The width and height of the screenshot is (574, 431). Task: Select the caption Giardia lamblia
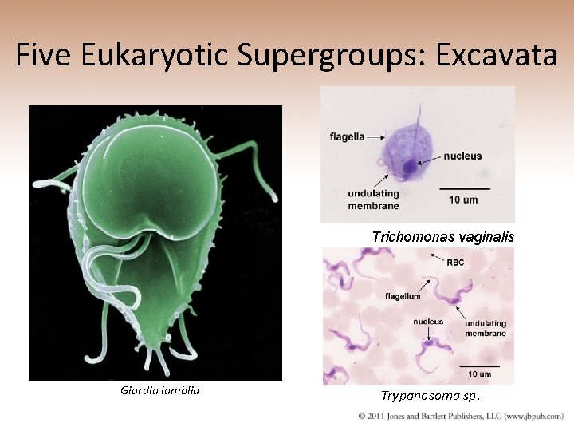pyautogui.click(x=159, y=390)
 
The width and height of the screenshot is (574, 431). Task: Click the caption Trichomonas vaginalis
pyautogui.click(x=442, y=237)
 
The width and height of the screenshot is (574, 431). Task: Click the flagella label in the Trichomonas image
pyautogui.click(x=347, y=136)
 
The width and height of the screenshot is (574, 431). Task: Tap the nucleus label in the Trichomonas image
pyautogui.click(x=462, y=156)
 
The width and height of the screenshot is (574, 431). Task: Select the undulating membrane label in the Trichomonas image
pyautogui.click(x=373, y=200)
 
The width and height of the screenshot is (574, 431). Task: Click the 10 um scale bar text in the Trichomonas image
pyautogui.click(x=463, y=200)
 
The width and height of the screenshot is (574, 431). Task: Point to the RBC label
pyautogui.click(x=454, y=263)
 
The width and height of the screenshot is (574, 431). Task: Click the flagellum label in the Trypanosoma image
pyautogui.click(x=403, y=296)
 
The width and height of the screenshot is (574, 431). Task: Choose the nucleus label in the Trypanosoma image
pyautogui.click(x=428, y=322)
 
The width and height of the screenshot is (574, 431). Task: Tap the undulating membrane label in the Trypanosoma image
pyautogui.click(x=486, y=328)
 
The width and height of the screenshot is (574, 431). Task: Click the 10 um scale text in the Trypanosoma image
pyautogui.click(x=479, y=374)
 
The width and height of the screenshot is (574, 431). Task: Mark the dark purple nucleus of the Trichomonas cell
pyautogui.click(x=410, y=167)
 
